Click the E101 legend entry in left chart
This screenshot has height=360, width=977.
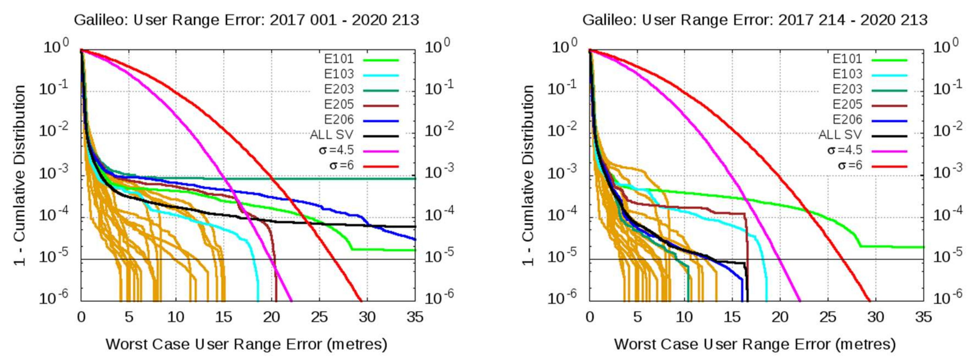[x=339, y=59]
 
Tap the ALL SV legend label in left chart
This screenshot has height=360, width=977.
[x=331, y=135]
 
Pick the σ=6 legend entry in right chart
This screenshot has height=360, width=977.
[x=849, y=165]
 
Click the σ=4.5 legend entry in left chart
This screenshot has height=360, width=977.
[x=336, y=150]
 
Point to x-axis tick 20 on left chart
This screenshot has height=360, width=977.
[x=272, y=317]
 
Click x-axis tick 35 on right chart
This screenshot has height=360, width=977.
[x=923, y=317]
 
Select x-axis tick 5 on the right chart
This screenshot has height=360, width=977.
[x=637, y=317]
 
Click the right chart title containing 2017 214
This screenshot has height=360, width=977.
[x=755, y=20]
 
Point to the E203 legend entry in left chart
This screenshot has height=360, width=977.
[x=339, y=89]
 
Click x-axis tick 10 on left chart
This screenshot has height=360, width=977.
[x=176, y=317]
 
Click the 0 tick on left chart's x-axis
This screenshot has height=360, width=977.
[x=81, y=317]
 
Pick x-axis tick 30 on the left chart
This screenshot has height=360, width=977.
[x=367, y=317]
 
